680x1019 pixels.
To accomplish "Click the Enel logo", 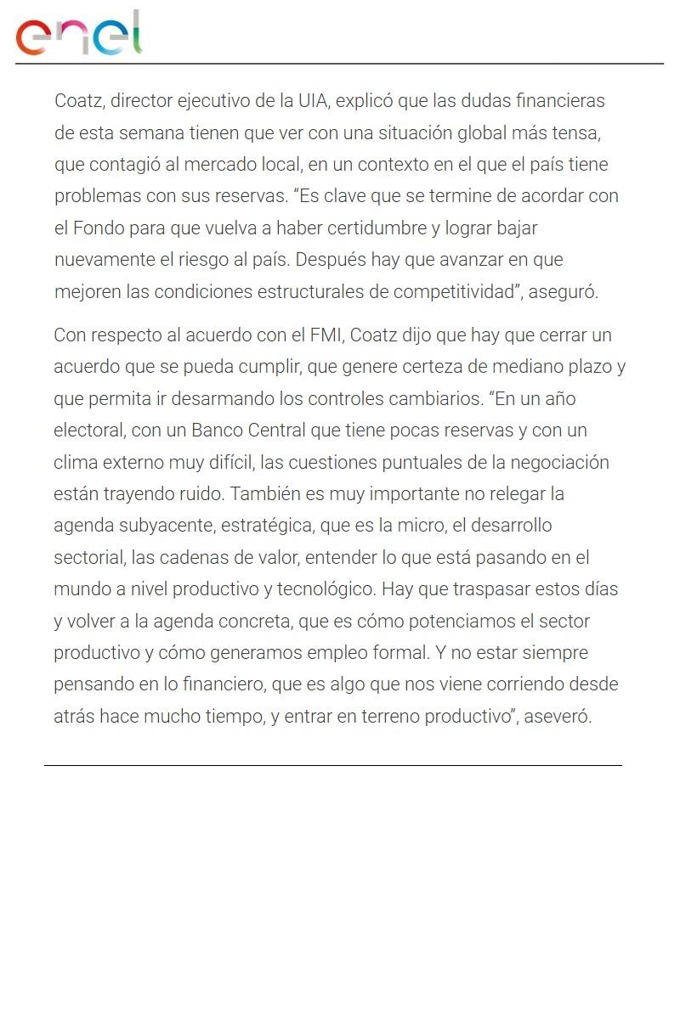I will click(x=79, y=33).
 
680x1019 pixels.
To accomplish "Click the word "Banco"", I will click(x=218, y=431).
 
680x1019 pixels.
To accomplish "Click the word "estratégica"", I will click(x=265, y=526).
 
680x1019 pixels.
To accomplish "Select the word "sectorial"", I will click(x=88, y=558).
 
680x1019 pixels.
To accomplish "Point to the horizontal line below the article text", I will click(x=333, y=765).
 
